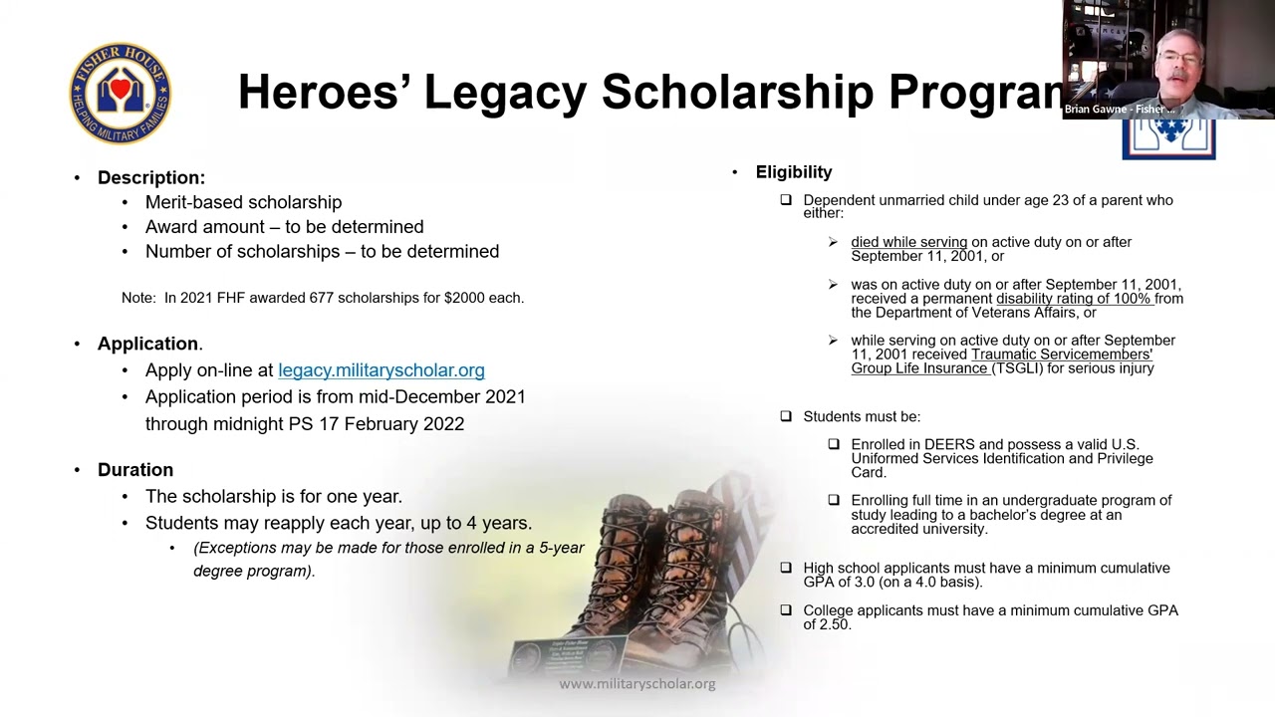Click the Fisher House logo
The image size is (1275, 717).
120,94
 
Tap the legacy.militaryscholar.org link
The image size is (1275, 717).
381,370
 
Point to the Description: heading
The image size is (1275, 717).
151,178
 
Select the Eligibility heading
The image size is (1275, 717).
793,172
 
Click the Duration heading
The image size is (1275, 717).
135,470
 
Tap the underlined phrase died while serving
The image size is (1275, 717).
908,242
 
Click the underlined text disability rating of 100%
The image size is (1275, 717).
1074,299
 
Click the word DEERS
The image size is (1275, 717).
948,444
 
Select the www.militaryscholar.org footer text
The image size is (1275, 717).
637,684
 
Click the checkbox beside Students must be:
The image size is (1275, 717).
786,416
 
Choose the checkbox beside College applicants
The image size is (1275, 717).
786,610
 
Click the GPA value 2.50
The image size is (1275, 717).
835,624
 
